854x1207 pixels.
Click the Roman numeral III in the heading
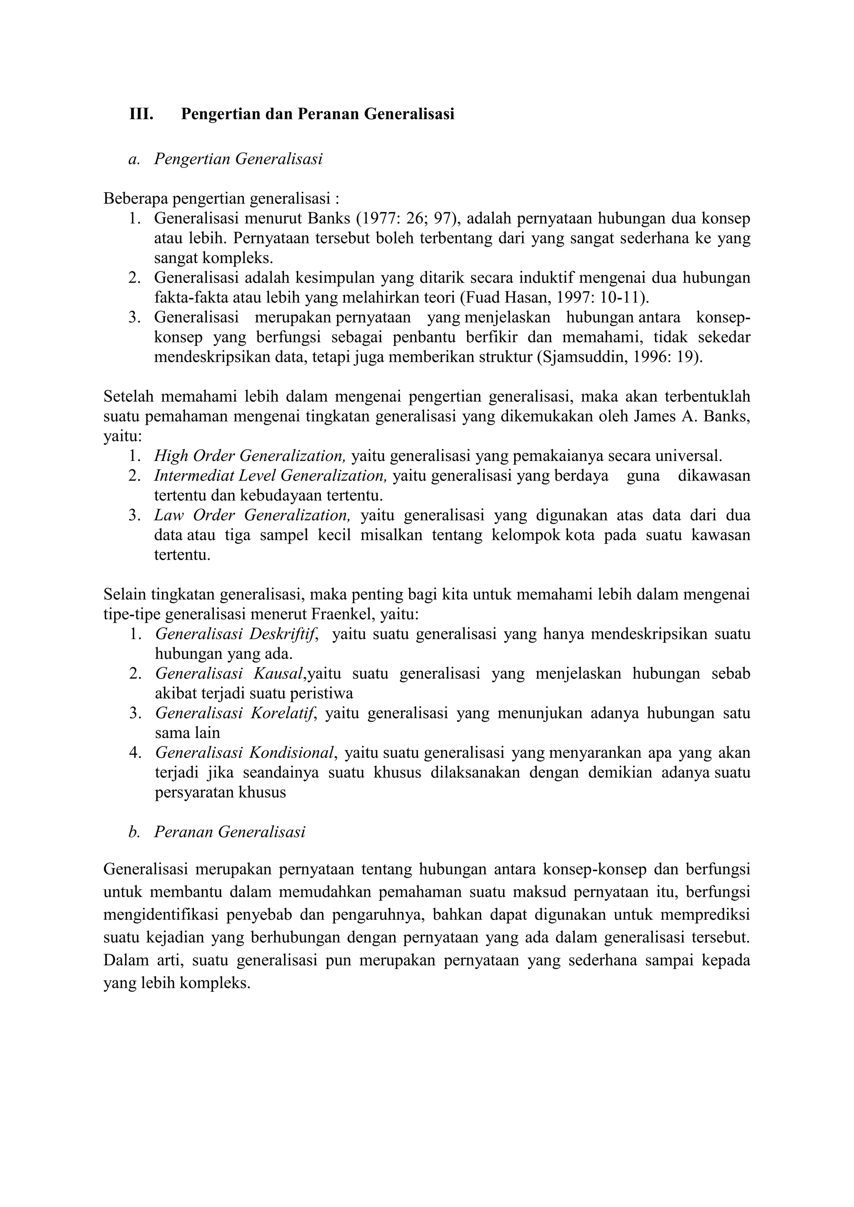(x=141, y=114)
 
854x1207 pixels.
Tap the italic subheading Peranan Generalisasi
(x=229, y=832)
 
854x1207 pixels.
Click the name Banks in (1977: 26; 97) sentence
(x=329, y=218)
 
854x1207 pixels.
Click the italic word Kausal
(x=278, y=674)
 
